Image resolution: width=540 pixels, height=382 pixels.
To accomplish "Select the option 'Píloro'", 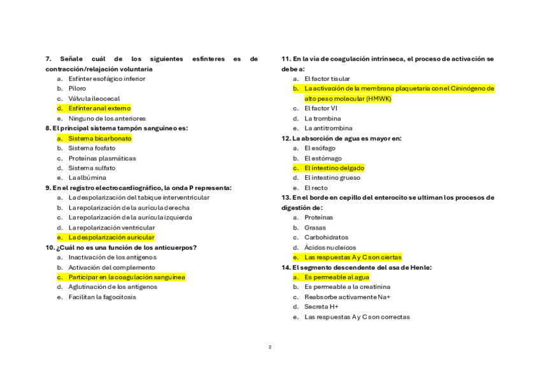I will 77,89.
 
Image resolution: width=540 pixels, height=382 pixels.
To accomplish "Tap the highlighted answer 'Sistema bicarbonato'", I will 100,138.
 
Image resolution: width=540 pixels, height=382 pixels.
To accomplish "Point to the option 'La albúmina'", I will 87,178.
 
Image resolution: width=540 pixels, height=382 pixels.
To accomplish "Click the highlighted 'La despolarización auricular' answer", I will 111,237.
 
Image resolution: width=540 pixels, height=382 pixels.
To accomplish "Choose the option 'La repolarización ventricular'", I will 111,228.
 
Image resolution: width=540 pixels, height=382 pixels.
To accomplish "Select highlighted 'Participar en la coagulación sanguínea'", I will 127,277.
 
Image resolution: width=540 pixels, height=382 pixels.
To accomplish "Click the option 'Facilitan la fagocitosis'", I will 102,297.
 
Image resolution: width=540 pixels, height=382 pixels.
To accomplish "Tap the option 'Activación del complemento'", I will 111,268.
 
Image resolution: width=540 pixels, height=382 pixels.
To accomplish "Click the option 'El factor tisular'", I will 327,79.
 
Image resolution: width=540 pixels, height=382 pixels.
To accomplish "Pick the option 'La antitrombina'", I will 328,128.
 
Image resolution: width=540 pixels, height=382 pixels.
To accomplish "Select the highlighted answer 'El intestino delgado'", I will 334,168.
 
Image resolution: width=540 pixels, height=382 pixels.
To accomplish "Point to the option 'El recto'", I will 316,188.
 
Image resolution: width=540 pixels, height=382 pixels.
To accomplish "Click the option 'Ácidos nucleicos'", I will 330,247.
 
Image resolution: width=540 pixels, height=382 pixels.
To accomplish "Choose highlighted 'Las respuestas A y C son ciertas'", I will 353,258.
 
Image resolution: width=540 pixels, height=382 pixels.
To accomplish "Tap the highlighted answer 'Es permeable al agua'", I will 336,277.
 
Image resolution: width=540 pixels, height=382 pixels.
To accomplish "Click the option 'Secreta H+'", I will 321,307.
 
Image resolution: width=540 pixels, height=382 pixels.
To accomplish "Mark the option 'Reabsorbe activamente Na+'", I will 347,297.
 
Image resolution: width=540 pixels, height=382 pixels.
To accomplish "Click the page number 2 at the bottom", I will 270,347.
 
